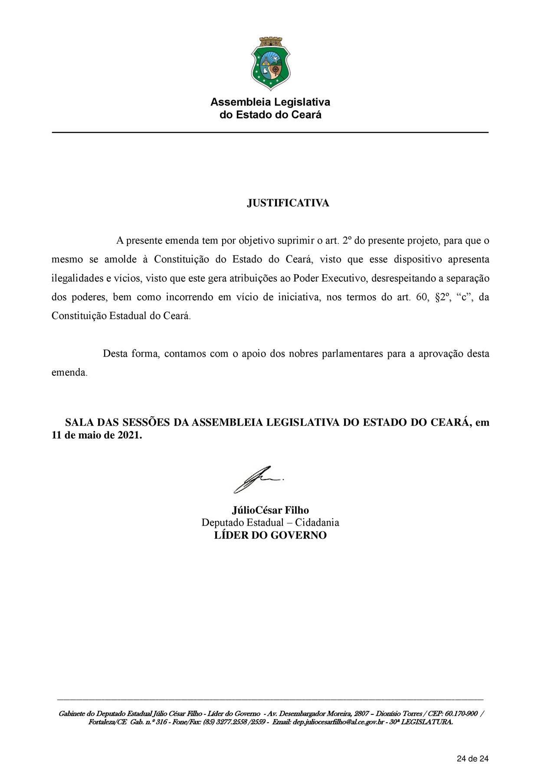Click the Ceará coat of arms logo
(270, 63)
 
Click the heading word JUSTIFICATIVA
(288, 203)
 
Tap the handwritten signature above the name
(258, 480)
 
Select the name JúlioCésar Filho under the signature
(270, 510)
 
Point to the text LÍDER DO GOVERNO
(270, 535)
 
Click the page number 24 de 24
(473, 746)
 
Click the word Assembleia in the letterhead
(237, 102)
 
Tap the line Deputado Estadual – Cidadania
(270, 523)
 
